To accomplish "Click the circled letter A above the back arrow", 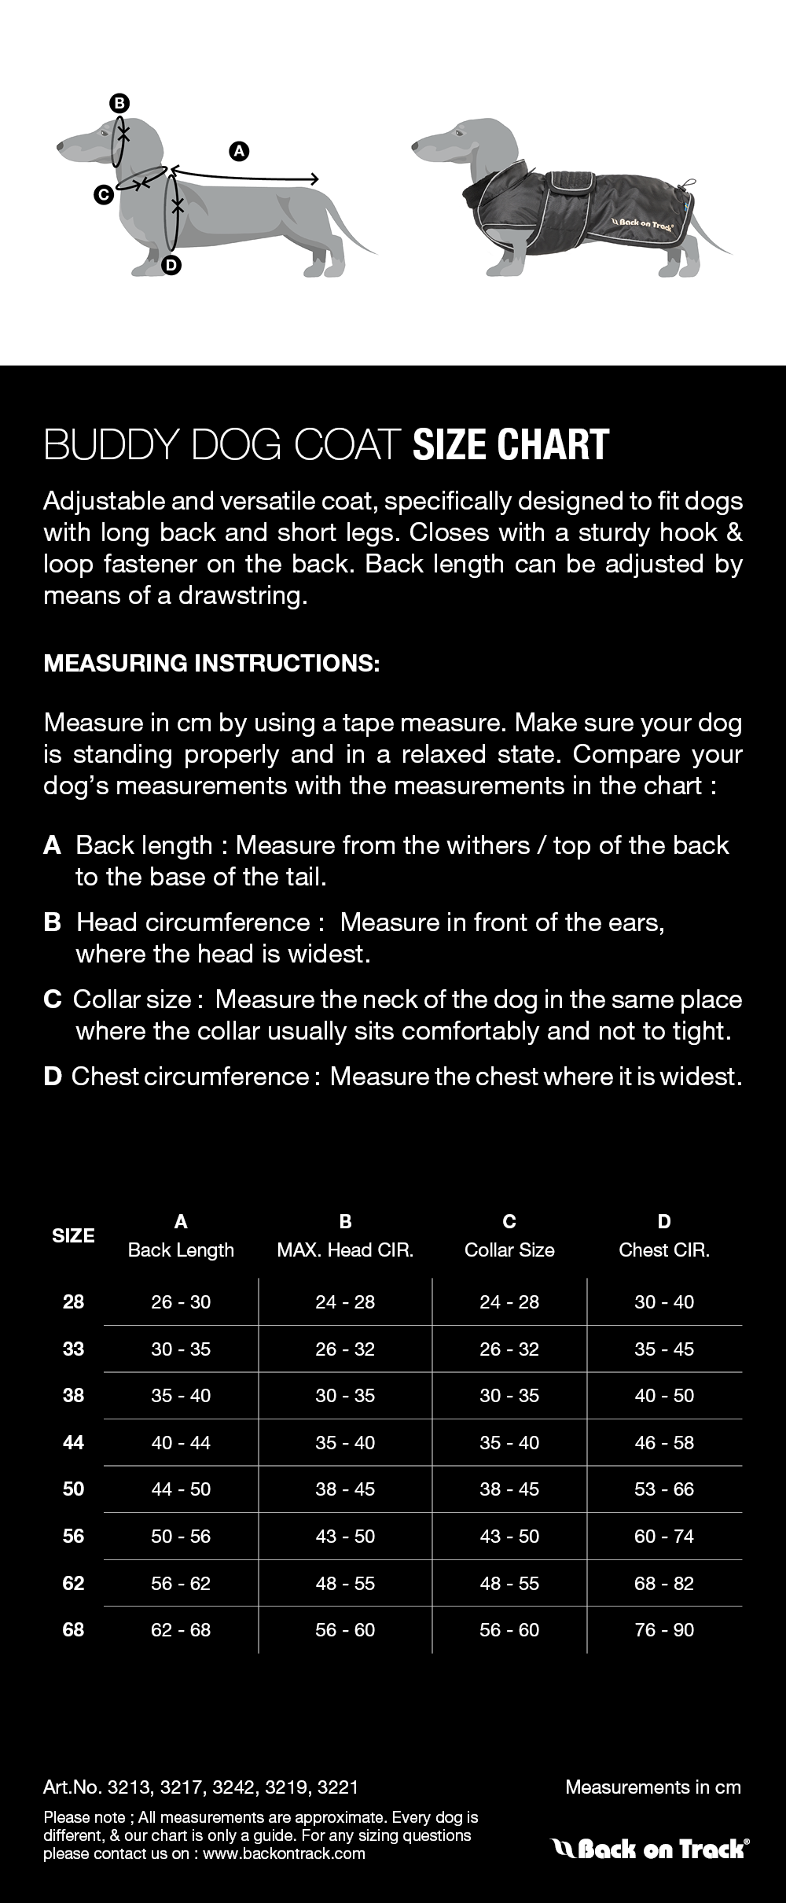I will coord(238,150).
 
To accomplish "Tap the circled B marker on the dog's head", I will coord(119,103).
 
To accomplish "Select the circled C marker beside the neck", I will coord(103,194).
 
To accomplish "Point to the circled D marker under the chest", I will coord(171,265).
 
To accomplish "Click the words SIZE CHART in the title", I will coord(511,445).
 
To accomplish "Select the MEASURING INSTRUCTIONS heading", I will coord(211,663).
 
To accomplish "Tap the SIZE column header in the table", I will coord(73,1235).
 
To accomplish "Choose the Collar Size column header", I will coord(509,1250).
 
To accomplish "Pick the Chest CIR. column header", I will coord(664,1250).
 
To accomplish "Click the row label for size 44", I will coord(73,1442).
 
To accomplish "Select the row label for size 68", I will coord(73,1629).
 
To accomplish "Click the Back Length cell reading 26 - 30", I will coord(181,1301).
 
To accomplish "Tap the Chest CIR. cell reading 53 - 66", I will coord(664,1489).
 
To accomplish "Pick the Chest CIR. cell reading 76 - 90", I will coord(664,1629).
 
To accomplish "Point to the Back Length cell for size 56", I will coord(181,1536).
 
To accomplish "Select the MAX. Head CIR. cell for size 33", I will coord(345,1349).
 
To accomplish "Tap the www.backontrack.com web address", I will coord(284,1853).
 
